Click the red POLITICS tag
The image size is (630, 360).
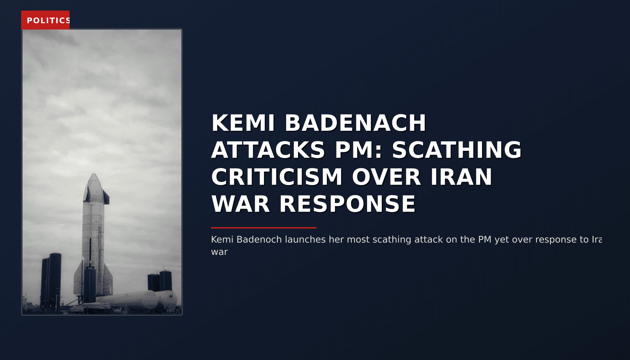point(45,20)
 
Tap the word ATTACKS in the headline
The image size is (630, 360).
point(268,150)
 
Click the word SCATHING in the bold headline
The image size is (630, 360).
point(457,150)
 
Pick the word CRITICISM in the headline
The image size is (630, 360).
point(277,177)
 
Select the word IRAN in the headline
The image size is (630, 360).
point(461,177)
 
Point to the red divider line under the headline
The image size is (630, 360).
point(264,228)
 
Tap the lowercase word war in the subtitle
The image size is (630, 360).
point(219,252)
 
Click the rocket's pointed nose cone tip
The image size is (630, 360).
point(94,174)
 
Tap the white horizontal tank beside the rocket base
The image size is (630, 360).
point(137,301)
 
